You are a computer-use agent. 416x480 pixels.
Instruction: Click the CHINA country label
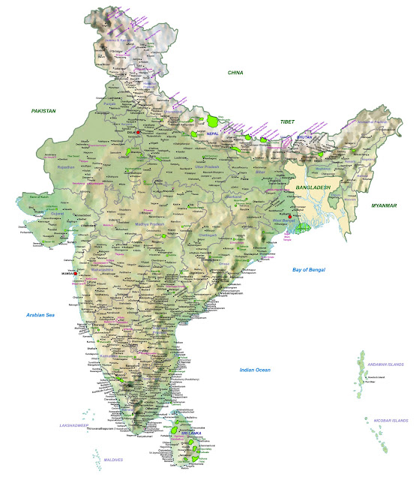pyautogui.click(x=236, y=72)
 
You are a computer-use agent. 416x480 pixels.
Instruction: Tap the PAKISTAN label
pyautogui.click(x=43, y=110)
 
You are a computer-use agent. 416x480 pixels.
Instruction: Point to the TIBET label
pyautogui.click(x=288, y=121)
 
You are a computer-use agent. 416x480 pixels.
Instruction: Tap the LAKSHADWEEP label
pyautogui.click(x=75, y=425)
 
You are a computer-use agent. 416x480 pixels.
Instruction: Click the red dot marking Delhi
pyautogui.click(x=139, y=133)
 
